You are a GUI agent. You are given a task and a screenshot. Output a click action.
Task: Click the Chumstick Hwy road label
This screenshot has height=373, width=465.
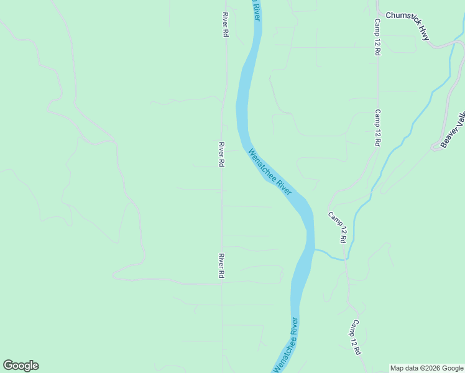[407, 24]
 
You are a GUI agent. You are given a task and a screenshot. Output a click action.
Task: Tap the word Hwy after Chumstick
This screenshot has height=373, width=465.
[423, 33]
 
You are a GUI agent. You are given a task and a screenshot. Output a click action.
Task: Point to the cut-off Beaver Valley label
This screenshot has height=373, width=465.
[453, 129]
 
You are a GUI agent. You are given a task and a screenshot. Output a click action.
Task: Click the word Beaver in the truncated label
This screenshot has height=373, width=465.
[449, 136]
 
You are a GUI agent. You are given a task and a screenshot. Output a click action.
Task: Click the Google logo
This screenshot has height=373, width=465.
[21, 366]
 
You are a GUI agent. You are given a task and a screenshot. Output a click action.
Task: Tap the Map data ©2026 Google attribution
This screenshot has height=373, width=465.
[426, 368]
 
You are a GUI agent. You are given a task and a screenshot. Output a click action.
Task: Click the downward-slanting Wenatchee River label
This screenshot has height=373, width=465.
[270, 172]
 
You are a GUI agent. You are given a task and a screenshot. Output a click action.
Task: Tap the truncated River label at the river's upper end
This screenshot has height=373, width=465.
[256, 10]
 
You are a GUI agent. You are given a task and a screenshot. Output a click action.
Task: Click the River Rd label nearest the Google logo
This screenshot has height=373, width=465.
[221, 265]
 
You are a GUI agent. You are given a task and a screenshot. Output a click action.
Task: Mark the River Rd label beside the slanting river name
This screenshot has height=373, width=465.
[221, 154]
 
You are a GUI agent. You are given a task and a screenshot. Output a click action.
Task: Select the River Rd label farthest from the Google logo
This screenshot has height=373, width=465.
[225, 24]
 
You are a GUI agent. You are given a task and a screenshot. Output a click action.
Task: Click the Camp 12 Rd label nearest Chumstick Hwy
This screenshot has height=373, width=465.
[377, 37]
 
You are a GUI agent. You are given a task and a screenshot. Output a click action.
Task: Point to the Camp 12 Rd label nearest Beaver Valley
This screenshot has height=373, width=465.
[377, 128]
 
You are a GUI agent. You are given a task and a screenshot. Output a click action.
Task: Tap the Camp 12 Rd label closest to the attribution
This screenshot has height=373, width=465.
[355, 337]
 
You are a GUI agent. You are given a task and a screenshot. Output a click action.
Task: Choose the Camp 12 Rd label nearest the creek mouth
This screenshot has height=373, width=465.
[338, 227]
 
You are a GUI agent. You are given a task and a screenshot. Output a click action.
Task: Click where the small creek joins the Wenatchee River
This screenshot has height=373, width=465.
[315, 249]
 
